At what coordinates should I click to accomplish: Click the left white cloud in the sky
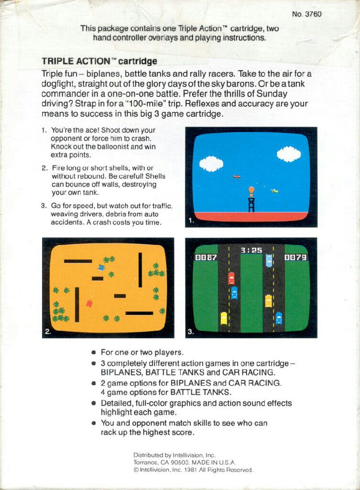(x=211, y=164)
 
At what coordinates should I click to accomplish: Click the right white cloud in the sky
(x=289, y=154)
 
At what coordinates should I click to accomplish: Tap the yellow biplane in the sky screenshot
(x=274, y=191)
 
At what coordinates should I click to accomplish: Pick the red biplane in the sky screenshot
(x=237, y=177)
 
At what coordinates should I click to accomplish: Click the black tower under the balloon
(x=251, y=205)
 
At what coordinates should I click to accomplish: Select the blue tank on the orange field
(x=101, y=267)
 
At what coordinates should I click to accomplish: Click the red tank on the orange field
(x=89, y=303)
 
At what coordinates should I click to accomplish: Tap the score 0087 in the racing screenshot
(x=206, y=257)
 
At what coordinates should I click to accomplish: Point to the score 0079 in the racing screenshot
(x=295, y=257)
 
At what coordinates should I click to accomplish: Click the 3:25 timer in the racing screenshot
(x=251, y=250)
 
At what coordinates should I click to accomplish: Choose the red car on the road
(x=231, y=278)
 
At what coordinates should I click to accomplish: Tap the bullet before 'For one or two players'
(x=94, y=353)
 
